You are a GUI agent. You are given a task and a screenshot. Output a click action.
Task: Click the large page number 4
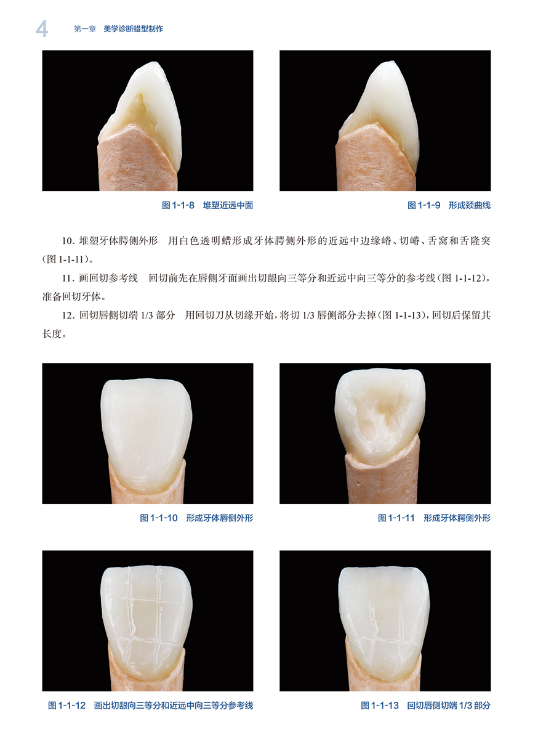point(42,29)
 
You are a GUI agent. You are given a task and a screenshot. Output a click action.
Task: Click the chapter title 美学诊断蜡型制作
point(133,29)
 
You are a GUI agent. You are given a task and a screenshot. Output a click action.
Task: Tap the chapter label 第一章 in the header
point(85,29)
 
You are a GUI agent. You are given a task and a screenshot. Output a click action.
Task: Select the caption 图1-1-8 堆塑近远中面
point(207,205)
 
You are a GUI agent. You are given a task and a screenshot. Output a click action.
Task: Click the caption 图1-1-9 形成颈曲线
point(449,205)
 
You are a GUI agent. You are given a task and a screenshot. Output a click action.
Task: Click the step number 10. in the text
point(68,241)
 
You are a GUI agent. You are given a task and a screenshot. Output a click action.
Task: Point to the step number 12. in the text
point(68,315)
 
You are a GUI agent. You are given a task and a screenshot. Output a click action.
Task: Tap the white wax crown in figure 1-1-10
point(147,434)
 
